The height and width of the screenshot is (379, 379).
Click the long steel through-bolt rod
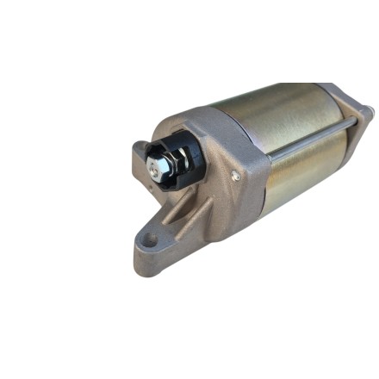(310, 142)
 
